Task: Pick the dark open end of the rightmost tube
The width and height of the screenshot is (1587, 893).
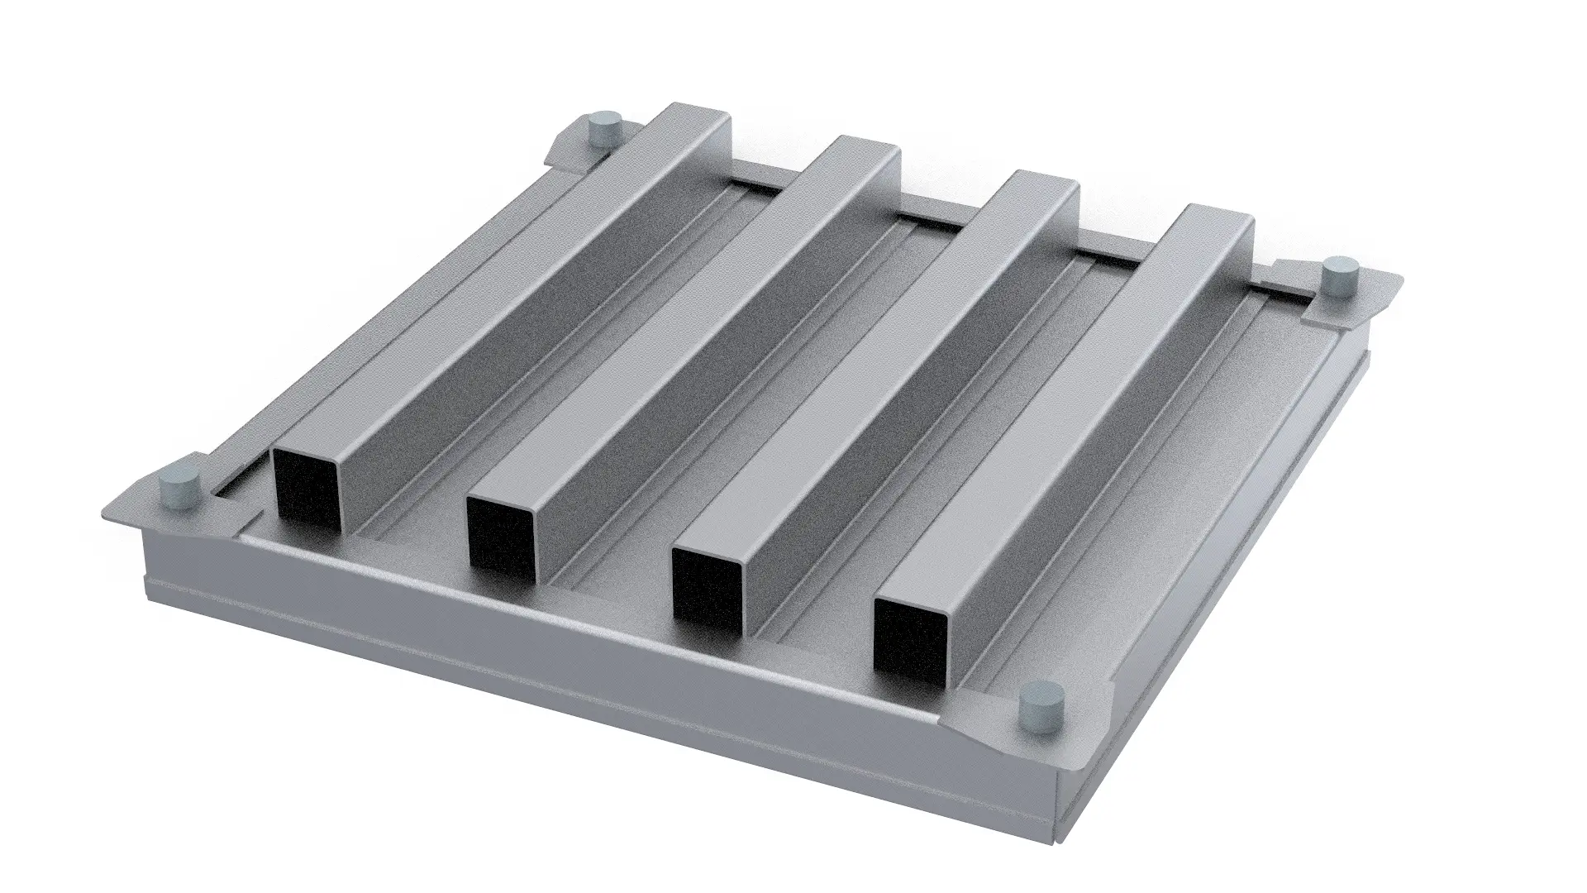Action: click(909, 638)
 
